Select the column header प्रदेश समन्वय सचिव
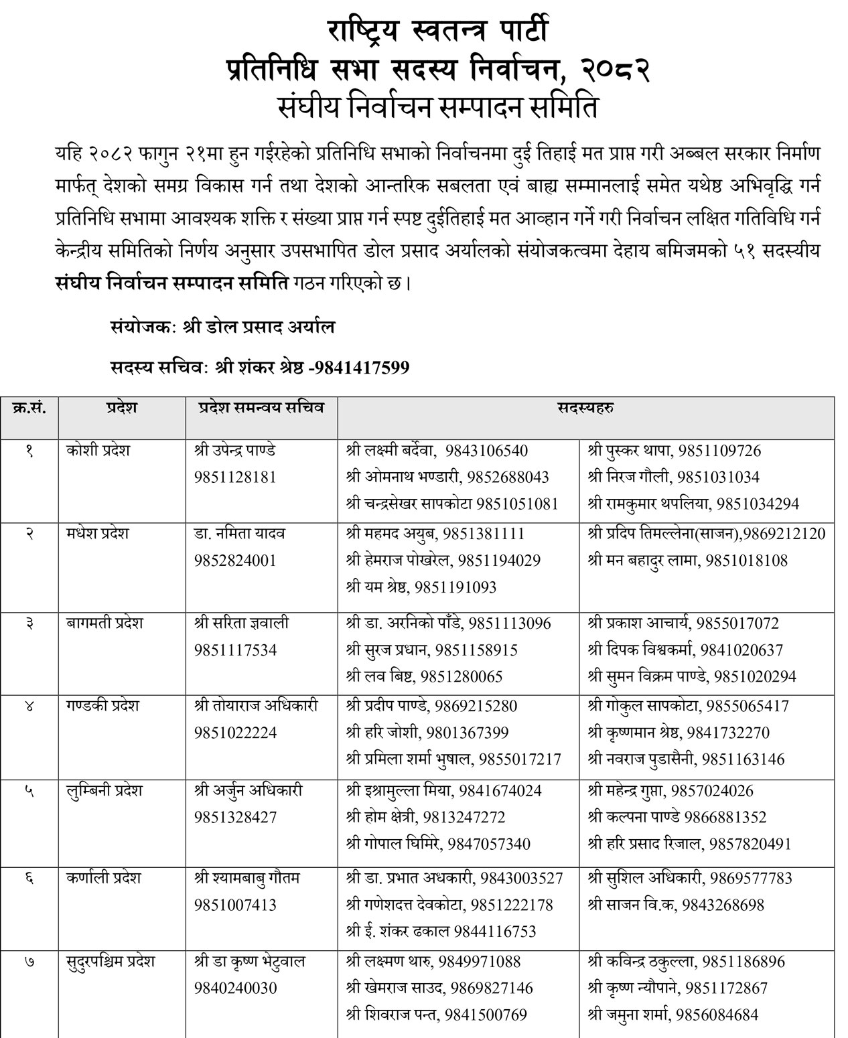coord(261,408)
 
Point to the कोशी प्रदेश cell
coord(98,451)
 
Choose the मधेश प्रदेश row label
coord(98,534)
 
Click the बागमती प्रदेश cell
coord(104,623)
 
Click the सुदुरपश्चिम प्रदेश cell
coord(111,962)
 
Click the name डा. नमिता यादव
coord(239,534)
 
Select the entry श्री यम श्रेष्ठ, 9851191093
coord(422,587)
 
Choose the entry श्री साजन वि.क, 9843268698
coord(675,905)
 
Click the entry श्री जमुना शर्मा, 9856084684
coord(673,1015)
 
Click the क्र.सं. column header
coord(29,408)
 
